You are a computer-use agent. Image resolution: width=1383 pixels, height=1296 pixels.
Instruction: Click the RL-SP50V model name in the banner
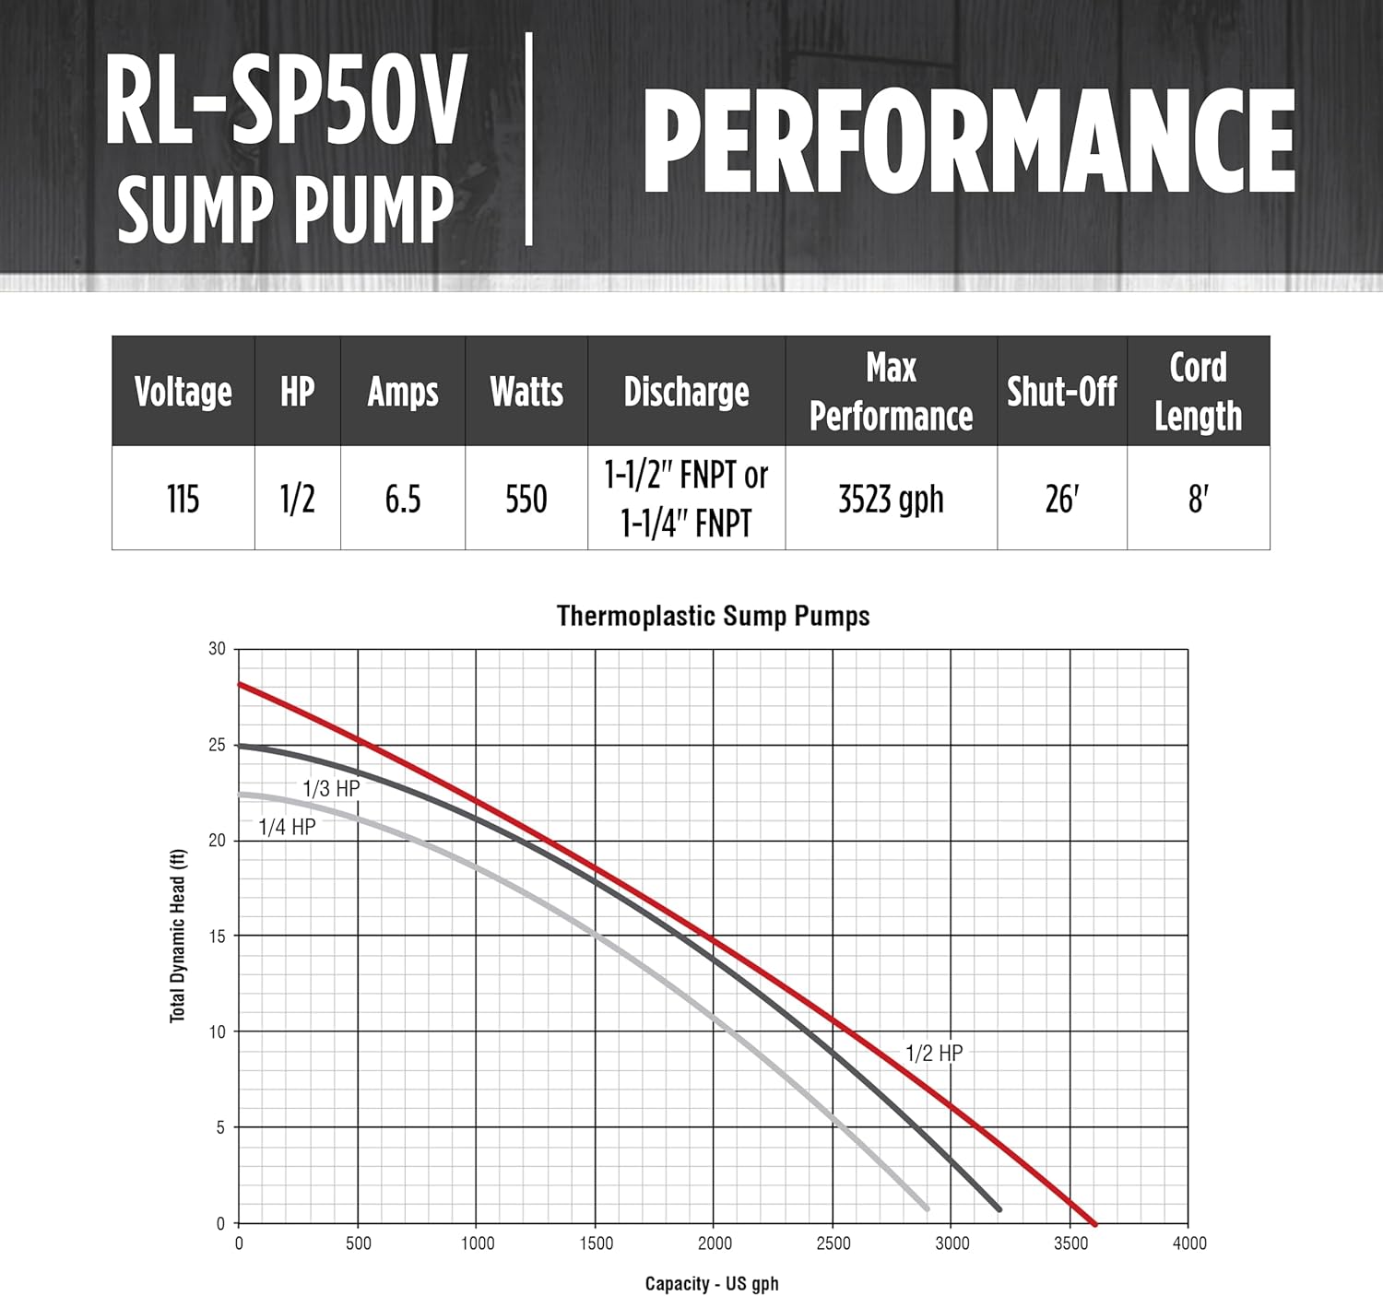285,101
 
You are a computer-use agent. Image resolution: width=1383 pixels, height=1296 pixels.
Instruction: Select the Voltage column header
183,392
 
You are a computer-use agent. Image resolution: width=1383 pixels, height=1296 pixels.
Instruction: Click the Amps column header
403,392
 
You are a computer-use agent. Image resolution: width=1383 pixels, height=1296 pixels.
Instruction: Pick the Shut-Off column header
1061,392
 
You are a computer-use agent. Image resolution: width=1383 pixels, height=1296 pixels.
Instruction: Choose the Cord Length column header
1198,392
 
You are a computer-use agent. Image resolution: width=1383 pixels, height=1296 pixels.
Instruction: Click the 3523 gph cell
891,500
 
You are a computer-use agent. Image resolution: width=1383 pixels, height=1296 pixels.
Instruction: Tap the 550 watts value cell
526,500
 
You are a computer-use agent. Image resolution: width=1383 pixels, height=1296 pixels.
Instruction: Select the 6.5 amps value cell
403,500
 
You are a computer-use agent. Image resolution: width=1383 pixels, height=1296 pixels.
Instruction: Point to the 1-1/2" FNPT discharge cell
686,500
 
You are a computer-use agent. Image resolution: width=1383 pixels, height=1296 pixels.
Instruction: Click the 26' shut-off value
1061,500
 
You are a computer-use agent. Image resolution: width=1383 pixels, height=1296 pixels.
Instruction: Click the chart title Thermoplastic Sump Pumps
713,616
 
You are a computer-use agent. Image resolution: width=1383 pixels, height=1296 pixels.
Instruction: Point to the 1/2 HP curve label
934,1053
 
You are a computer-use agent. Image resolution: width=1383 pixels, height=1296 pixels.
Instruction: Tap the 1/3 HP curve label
331,788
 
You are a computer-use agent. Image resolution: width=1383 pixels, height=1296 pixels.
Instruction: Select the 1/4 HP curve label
287,827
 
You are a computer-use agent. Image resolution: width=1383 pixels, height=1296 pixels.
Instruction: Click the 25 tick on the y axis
217,745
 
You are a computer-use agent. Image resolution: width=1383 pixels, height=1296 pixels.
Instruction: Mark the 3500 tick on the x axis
1070,1243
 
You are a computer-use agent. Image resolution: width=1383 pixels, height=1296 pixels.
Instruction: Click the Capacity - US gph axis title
712,1284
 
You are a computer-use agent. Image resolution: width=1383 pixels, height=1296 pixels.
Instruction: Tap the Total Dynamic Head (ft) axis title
178,936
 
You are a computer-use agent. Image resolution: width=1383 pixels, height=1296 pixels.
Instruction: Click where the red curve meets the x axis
1094,1223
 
